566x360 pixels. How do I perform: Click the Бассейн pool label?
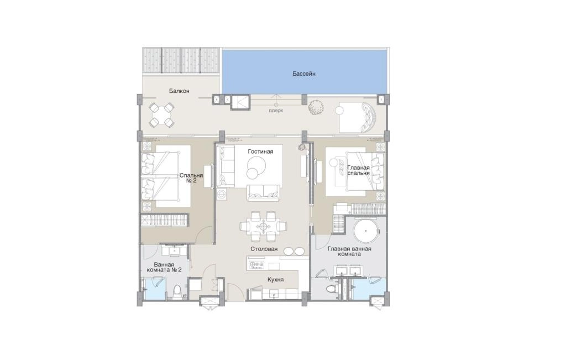[x=304, y=74]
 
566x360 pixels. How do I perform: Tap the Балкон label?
[x=179, y=91]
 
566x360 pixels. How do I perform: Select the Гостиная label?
[x=260, y=152]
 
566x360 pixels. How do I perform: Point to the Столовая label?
[x=264, y=249]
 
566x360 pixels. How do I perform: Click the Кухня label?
[x=275, y=279]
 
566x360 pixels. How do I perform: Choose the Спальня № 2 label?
[x=191, y=178]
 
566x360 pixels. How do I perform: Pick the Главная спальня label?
[x=358, y=170]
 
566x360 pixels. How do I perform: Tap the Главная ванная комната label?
[x=349, y=251]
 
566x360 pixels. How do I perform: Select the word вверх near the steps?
[x=276, y=111]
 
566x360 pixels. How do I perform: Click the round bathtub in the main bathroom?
[x=366, y=231]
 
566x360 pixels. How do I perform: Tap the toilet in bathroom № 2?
[x=177, y=292]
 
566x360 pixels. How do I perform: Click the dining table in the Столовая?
[x=263, y=226]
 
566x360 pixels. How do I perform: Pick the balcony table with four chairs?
[x=161, y=115]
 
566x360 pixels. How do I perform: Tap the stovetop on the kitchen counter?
[x=256, y=265]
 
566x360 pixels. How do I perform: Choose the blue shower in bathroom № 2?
[x=155, y=289]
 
